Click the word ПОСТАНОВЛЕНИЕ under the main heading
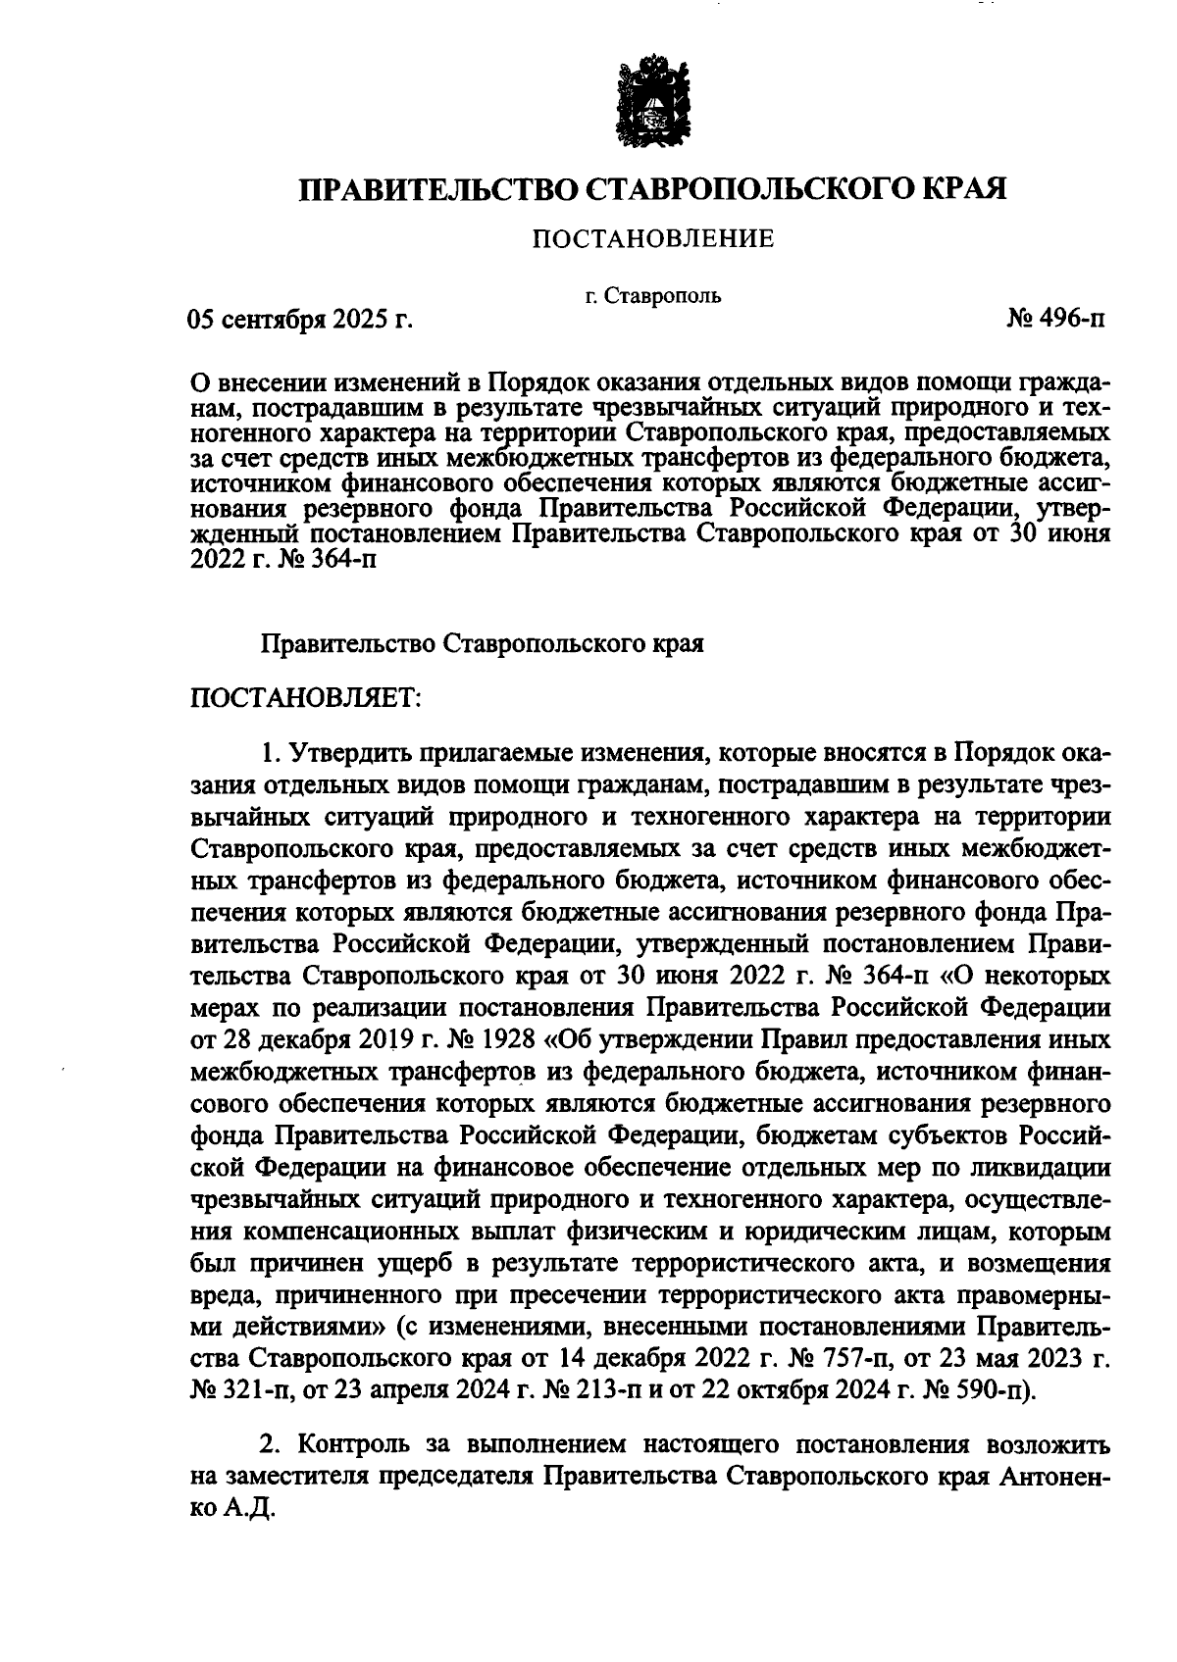coord(652,238)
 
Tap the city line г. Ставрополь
coord(653,294)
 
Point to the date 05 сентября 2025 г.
coord(298,320)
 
